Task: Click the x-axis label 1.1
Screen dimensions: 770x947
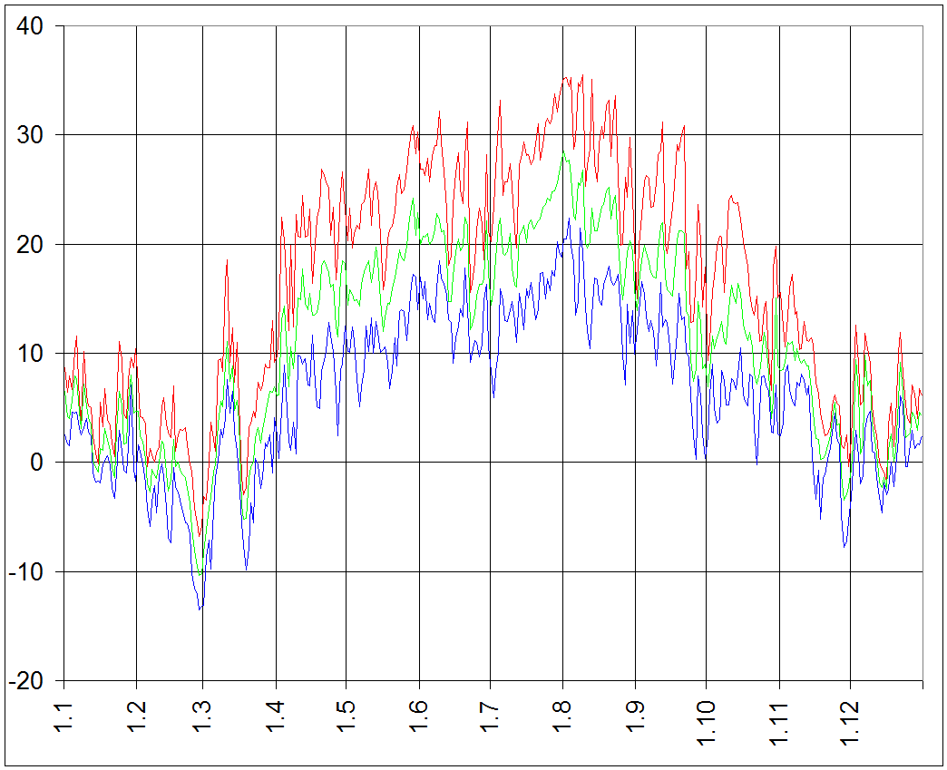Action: tap(64, 711)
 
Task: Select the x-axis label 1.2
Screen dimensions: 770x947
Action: tap(136, 711)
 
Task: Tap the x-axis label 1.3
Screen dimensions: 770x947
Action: tap(203, 711)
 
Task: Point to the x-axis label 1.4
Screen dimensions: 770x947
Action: tap(275, 711)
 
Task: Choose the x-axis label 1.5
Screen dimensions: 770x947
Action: tap(345, 711)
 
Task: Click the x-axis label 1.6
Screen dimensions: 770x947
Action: tap(418, 711)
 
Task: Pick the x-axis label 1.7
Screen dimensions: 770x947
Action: tap(490, 711)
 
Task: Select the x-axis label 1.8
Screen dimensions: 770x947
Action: tap(562, 711)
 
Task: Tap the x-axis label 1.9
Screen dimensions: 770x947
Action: tap(635, 711)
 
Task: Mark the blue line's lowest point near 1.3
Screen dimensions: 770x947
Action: tap(200, 609)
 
